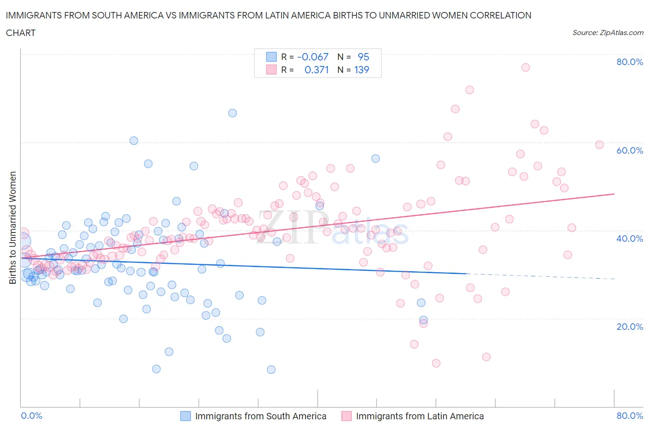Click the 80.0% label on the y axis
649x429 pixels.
630,62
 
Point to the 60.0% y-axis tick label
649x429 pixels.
630,150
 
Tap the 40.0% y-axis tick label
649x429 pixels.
630,238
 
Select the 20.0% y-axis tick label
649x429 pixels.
630,327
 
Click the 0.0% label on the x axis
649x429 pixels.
32,416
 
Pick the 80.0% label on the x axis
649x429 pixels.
630,416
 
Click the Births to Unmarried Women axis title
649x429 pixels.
13,227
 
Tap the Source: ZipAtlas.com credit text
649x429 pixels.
607,33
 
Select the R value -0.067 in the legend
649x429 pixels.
312,57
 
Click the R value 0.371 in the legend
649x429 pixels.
316,70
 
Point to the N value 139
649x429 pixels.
361,70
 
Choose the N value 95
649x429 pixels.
363,57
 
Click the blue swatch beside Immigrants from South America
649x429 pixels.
186,416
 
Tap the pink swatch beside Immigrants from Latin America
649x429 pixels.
346,416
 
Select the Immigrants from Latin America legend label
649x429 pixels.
420,416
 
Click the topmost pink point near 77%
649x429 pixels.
525,67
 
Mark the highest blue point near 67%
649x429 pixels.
233,113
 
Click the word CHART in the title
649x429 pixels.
21,33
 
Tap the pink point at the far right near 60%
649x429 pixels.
600,145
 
